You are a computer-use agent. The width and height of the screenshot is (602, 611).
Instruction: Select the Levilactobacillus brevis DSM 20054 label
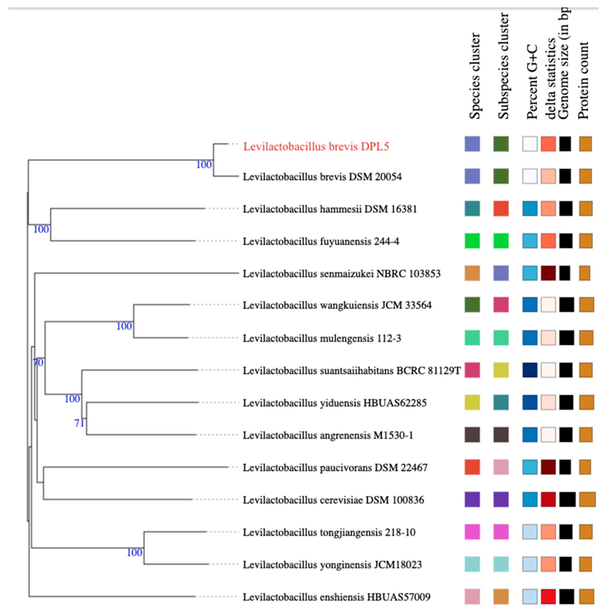(322, 177)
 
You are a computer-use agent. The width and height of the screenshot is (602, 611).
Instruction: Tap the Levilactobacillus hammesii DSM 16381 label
(329, 209)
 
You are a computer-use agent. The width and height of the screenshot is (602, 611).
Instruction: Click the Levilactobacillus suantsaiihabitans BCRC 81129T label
(352, 370)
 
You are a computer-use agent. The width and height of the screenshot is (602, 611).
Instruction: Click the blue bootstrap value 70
(38, 363)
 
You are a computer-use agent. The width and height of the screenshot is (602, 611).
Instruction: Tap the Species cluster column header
(474, 76)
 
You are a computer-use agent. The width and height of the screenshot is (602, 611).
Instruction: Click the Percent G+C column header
(532, 81)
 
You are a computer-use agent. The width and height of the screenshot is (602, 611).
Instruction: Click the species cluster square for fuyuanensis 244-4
(472, 241)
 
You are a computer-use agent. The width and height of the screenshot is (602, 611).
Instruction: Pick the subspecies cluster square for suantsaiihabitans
(501, 370)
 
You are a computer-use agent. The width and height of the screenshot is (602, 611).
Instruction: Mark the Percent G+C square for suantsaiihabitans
(530, 370)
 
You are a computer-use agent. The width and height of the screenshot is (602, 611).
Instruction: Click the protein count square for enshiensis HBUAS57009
(586, 596)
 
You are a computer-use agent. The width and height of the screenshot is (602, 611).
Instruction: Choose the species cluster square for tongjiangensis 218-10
(472, 532)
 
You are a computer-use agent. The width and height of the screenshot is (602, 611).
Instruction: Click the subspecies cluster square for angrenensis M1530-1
(501, 435)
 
